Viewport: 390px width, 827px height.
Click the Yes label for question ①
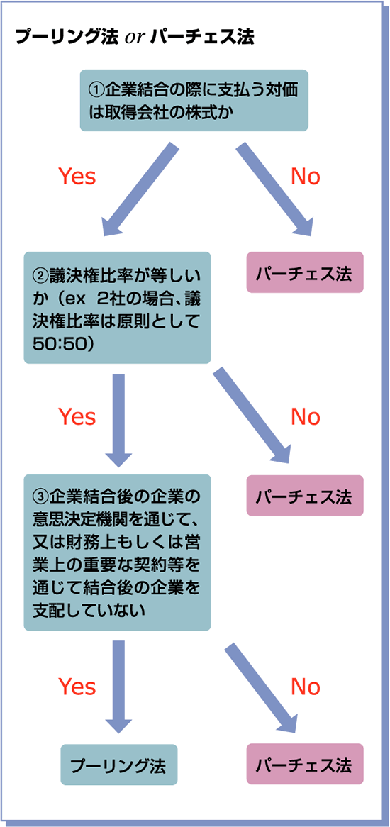pyautogui.click(x=77, y=177)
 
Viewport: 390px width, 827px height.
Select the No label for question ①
pyautogui.click(x=306, y=177)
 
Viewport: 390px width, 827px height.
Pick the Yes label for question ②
pyautogui.click(x=77, y=416)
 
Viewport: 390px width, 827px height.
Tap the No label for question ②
pyautogui.click(x=306, y=416)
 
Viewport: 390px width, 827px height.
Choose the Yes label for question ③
pyautogui.click(x=77, y=687)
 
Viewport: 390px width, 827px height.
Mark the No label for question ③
pyautogui.click(x=306, y=687)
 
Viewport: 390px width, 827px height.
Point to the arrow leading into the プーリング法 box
pyautogui.click(x=119, y=688)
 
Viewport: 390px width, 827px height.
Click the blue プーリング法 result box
pyautogui.click(x=118, y=765)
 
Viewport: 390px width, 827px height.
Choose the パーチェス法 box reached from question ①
pyautogui.click(x=305, y=272)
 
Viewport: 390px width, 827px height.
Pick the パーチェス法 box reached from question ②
pyautogui.click(x=305, y=495)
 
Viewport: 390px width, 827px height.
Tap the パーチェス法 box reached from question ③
pyautogui.click(x=305, y=765)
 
